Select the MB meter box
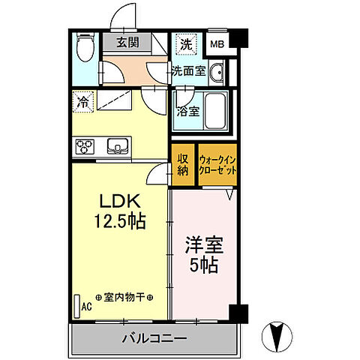point(217,44)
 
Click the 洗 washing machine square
point(185,43)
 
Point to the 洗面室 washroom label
point(187,72)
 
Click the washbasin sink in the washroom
point(217,73)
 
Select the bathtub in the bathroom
point(217,111)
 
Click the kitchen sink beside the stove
point(118,145)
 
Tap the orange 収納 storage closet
point(183,164)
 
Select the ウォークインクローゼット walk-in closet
point(218,164)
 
